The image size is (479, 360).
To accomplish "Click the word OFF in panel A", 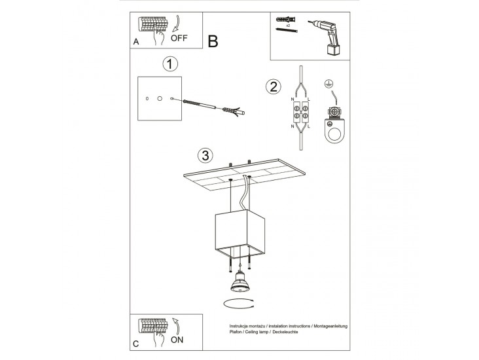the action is click(179, 38).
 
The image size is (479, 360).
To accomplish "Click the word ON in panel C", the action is click(177, 340).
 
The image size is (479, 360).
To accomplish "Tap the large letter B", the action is click(213, 41).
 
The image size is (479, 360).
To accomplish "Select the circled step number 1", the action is click(170, 64).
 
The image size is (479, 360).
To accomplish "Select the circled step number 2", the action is click(274, 86).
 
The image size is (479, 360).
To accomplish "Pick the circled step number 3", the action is click(205, 155).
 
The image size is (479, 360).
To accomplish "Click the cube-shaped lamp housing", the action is click(239, 233).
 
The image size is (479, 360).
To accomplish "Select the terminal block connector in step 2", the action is click(300, 111).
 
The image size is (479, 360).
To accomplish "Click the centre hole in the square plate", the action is click(160, 98).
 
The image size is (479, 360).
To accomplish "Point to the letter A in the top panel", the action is click(136, 42).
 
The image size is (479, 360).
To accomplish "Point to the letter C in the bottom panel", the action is click(136, 344).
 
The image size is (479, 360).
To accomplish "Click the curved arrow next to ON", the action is click(176, 326).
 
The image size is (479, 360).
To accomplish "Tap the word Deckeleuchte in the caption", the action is click(285, 332).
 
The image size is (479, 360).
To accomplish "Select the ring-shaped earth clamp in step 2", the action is click(335, 129).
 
